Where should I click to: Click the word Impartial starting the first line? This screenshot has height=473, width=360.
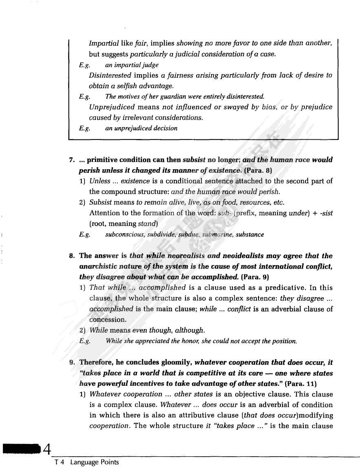pos(104,43)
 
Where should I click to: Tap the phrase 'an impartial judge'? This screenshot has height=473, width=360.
pos(132,65)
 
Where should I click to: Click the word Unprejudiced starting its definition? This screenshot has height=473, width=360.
pos(112,107)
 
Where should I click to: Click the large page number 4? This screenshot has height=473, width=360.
pos(47,450)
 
